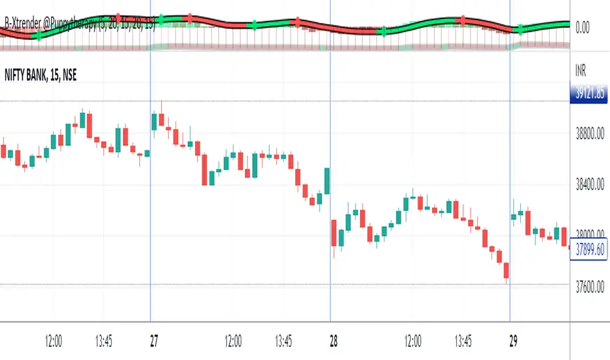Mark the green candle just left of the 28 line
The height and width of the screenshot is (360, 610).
tap(326, 181)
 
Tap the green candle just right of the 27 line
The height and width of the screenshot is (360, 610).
tap(154, 122)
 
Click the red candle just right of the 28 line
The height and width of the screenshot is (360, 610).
tap(334, 234)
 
